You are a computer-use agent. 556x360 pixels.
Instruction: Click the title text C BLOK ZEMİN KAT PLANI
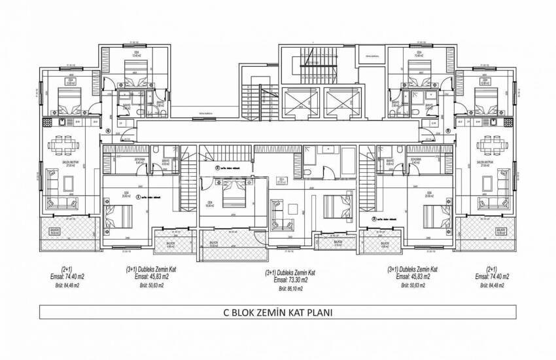(277, 312)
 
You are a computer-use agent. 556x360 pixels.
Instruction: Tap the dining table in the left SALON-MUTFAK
(63, 144)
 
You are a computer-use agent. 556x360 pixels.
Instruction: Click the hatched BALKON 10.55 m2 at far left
(56, 230)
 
